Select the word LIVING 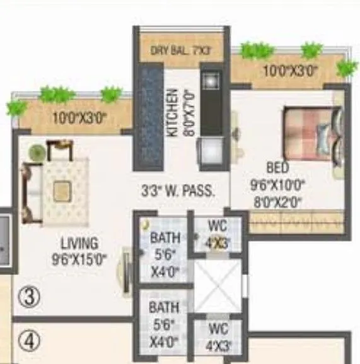click(79, 243)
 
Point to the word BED click(277, 168)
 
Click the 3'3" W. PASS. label click(178, 189)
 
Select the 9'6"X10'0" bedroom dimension click(277, 186)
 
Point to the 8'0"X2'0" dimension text click(277, 203)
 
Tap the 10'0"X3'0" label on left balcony click(79, 117)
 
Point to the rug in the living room click(62, 189)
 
